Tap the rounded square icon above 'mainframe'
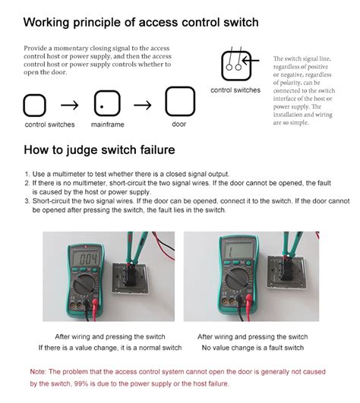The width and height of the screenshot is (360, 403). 107,102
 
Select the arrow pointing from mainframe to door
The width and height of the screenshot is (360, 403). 144,102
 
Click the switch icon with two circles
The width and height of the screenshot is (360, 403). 235,66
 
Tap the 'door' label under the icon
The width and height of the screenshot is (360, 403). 178,124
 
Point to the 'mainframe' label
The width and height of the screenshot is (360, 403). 107,124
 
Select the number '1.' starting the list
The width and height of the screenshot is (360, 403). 27,175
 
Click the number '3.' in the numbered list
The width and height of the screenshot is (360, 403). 27,201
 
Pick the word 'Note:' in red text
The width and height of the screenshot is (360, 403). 38,371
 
